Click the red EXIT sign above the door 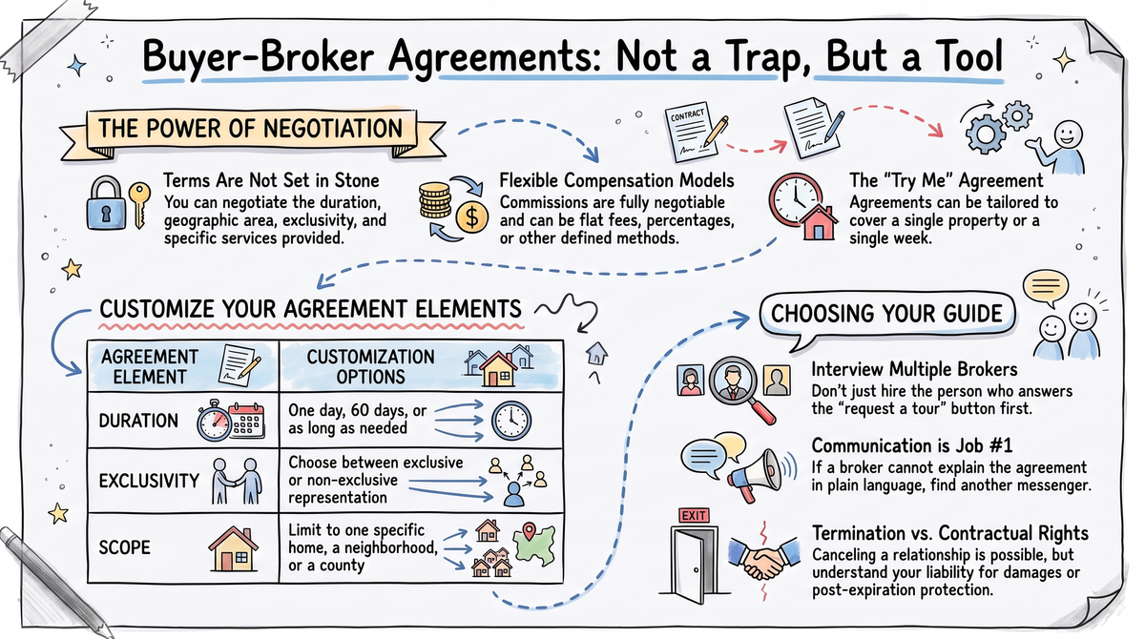694,515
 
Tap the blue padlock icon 106,203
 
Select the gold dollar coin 471,216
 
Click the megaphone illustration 755,475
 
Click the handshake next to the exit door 763,558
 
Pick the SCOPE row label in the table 125,547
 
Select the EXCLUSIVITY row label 149,481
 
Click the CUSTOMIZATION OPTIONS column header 370,367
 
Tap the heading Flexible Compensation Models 616,180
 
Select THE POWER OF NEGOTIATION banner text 250,128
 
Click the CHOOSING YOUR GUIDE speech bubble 886,314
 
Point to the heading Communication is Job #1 912,446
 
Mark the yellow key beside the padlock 139,205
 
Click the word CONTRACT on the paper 687,115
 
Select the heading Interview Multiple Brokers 914,369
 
